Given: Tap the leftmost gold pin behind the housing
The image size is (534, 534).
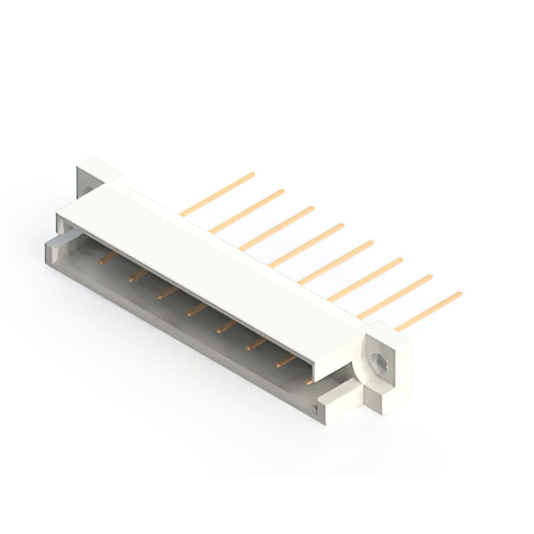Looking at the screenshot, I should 218,194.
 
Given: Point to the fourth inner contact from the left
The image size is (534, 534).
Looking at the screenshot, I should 196,310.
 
